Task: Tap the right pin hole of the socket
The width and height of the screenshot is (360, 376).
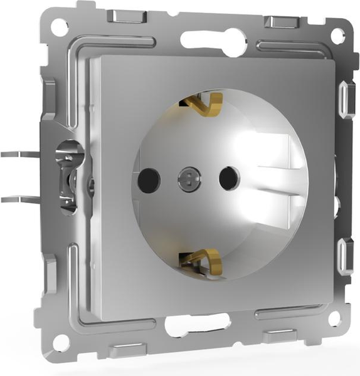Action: [x=230, y=178]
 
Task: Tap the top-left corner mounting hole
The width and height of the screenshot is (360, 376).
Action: [x=59, y=27]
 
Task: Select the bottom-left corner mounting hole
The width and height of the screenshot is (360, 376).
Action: [x=61, y=343]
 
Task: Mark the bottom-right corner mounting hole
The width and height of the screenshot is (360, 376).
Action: [x=336, y=318]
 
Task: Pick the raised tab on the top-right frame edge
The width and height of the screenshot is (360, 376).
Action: [x=279, y=22]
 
